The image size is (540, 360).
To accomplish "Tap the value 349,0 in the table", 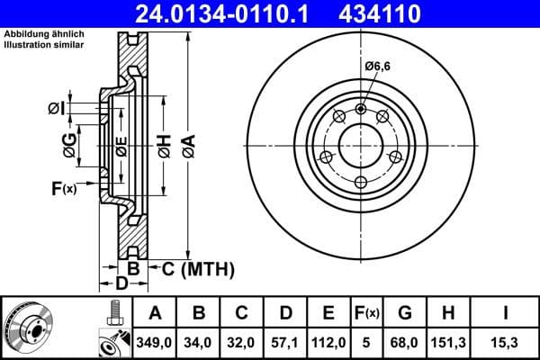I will pyautogui.click(x=155, y=342).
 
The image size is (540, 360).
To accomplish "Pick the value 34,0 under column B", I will pyautogui.click(x=199, y=342).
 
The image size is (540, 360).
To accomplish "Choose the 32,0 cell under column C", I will pyautogui.click(x=242, y=342).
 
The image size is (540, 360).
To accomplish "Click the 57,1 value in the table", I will pyautogui.click(x=285, y=342).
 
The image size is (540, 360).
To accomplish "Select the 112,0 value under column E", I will pyautogui.click(x=328, y=342).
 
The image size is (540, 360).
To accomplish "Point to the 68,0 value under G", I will pyautogui.click(x=406, y=342).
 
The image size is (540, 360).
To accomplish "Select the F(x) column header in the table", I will pyautogui.click(x=367, y=313).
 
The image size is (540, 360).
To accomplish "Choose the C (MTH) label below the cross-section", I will pyautogui.click(x=197, y=268).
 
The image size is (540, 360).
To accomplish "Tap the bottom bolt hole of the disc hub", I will pyautogui.click(x=361, y=183).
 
